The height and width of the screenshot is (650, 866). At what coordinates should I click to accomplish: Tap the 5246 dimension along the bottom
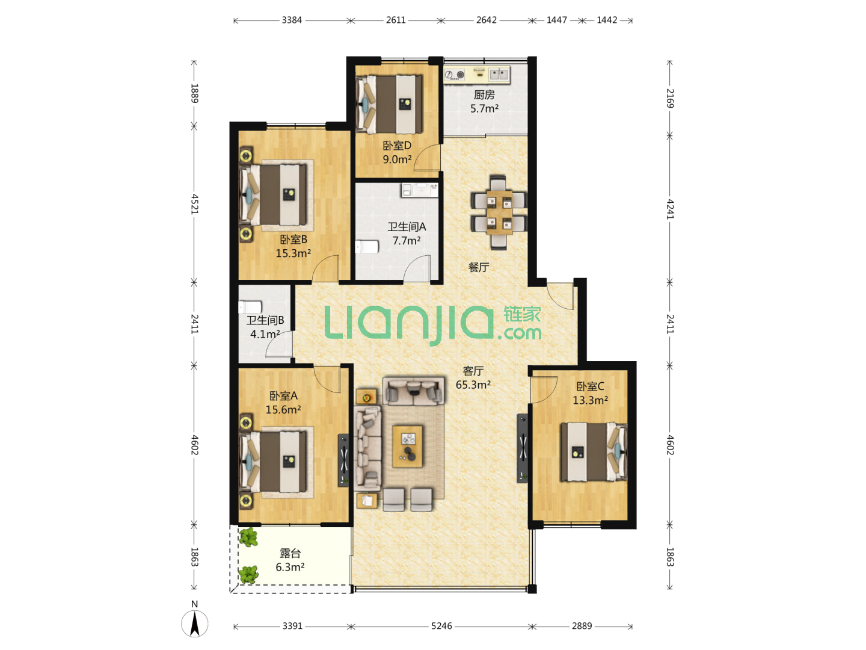pyautogui.click(x=441, y=626)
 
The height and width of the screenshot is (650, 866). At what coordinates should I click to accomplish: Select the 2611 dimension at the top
pyautogui.click(x=396, y=20)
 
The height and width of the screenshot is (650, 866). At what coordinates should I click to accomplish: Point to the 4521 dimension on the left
pyautogui.click(x=194, y=204)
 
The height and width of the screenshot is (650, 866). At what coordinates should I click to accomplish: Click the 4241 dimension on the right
pyautogui.click(x=670, y=209)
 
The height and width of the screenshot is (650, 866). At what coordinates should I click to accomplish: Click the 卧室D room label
pyautogui.click(x=397, y=146)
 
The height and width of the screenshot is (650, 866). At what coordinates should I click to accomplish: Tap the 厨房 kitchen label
pyautogui.click(x=484, y=94)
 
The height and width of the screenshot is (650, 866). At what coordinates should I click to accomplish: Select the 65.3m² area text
pyautogui.click(x=473, y=385)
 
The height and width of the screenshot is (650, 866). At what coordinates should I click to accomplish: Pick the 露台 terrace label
pyautogui.click(x=290, y=553)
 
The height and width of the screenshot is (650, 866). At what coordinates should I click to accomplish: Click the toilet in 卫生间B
pyautogui.click(x=250, y=308)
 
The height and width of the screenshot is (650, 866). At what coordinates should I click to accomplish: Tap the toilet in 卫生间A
pyautogui.click(x=367, y=247)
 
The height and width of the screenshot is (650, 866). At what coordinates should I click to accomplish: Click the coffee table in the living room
pyautogui.click(x=408, y=446)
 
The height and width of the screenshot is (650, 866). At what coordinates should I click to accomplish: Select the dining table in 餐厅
pyautogui.click(x=499, y=213)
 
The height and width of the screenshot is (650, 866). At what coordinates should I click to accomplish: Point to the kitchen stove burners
pyautogui.click(x=455, y=74)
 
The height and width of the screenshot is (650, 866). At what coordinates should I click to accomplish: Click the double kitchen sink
pyautogui.click(x=499, y=74)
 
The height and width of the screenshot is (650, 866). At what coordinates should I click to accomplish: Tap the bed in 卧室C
pyautogui.click(x=594, y=452)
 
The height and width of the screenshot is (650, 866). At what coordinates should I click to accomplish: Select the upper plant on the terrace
pyautogui.click(x=248, y=537)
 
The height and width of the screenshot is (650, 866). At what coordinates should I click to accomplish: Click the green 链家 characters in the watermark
pyautogui.click(x=522, y=315)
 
